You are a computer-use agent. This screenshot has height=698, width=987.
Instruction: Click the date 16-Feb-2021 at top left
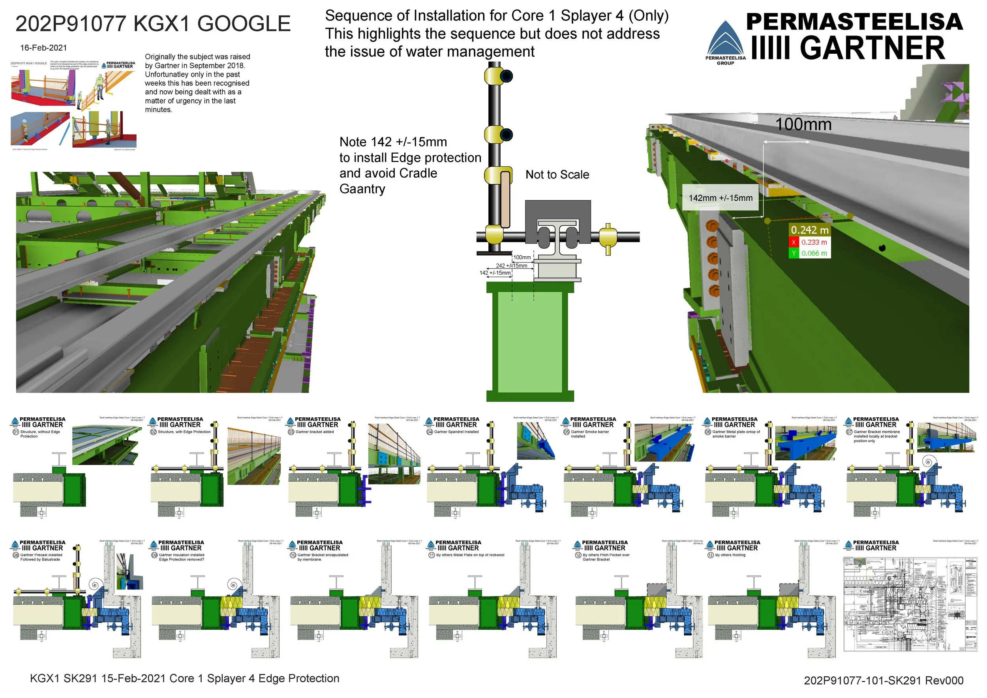[x=43, y=48]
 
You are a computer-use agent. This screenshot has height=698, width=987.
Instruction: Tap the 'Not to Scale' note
[x=557, y=174]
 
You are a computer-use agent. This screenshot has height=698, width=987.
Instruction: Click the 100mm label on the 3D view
[x=803, y=125]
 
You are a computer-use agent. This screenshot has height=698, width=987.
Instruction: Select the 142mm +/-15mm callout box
[x=721, y=198]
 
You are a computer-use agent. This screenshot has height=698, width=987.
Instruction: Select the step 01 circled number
[x=15, y=432]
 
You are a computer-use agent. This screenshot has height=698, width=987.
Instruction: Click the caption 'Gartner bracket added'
[x=314, y=432]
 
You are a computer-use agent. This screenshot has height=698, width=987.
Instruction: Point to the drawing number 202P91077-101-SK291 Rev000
[x=884, y=680]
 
